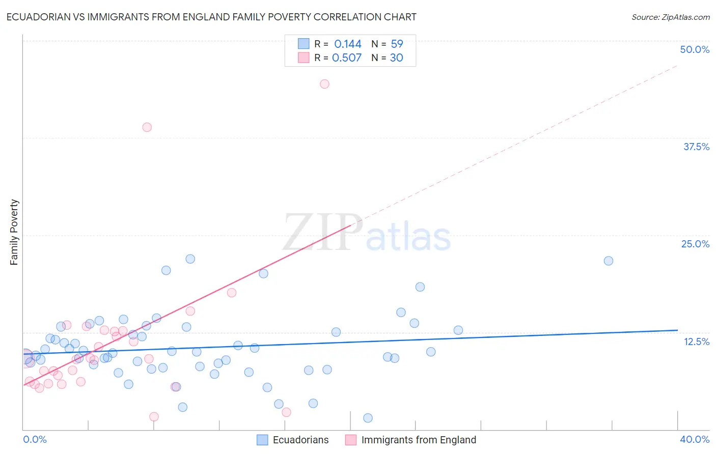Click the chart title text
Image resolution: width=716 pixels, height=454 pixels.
tap(211, 17)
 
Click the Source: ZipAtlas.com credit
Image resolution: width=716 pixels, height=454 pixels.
tap(670, 17)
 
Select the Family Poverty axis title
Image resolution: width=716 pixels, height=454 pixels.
tap(14, 232)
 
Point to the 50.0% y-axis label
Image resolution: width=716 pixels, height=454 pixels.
tap(695, 49)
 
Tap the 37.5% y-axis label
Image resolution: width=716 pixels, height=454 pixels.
tap(696, 147)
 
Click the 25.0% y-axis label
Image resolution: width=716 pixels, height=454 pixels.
tap(695, 244)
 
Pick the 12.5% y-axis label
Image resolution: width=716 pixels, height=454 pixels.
tap(696, 342)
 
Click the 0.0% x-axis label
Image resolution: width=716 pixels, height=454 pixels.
tap(35, 439)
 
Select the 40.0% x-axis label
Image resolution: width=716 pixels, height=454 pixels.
tap(694, 439)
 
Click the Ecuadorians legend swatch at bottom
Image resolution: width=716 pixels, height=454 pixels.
tap(262, 440)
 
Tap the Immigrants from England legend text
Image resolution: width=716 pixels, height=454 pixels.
tap(419, 440)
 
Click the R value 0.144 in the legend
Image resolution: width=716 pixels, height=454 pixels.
tap(348, 44)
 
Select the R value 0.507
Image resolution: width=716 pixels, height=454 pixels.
tap(347, 58)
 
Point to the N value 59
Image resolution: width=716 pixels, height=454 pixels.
tap(397, 44)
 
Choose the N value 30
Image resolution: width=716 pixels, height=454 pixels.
tap(396, 58)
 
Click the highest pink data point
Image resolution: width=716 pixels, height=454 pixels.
tap(324, 84)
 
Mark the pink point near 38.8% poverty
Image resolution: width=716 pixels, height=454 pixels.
tap(147, 127)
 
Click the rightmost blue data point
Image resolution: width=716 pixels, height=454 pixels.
tap(608, 261)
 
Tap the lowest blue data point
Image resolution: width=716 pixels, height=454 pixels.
tap(368, 418)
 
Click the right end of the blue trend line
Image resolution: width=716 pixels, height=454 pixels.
tap(677, 330)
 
